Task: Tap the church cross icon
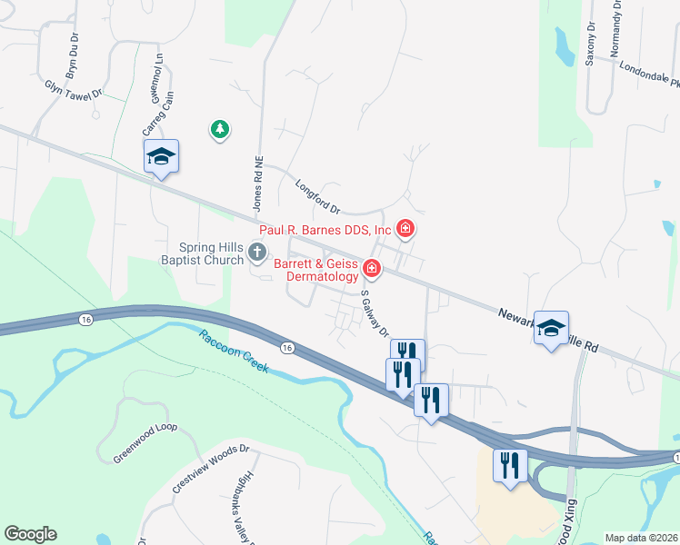click(258, 253)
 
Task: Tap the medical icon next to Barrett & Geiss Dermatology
click(372, 268)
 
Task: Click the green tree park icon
click(219, 131)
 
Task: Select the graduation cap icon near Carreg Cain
click(161, 157)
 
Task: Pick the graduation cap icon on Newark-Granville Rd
click(551, 329)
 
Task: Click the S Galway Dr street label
click(375, 312)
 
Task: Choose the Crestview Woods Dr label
click(210, 470)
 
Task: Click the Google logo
click(30, 534)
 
